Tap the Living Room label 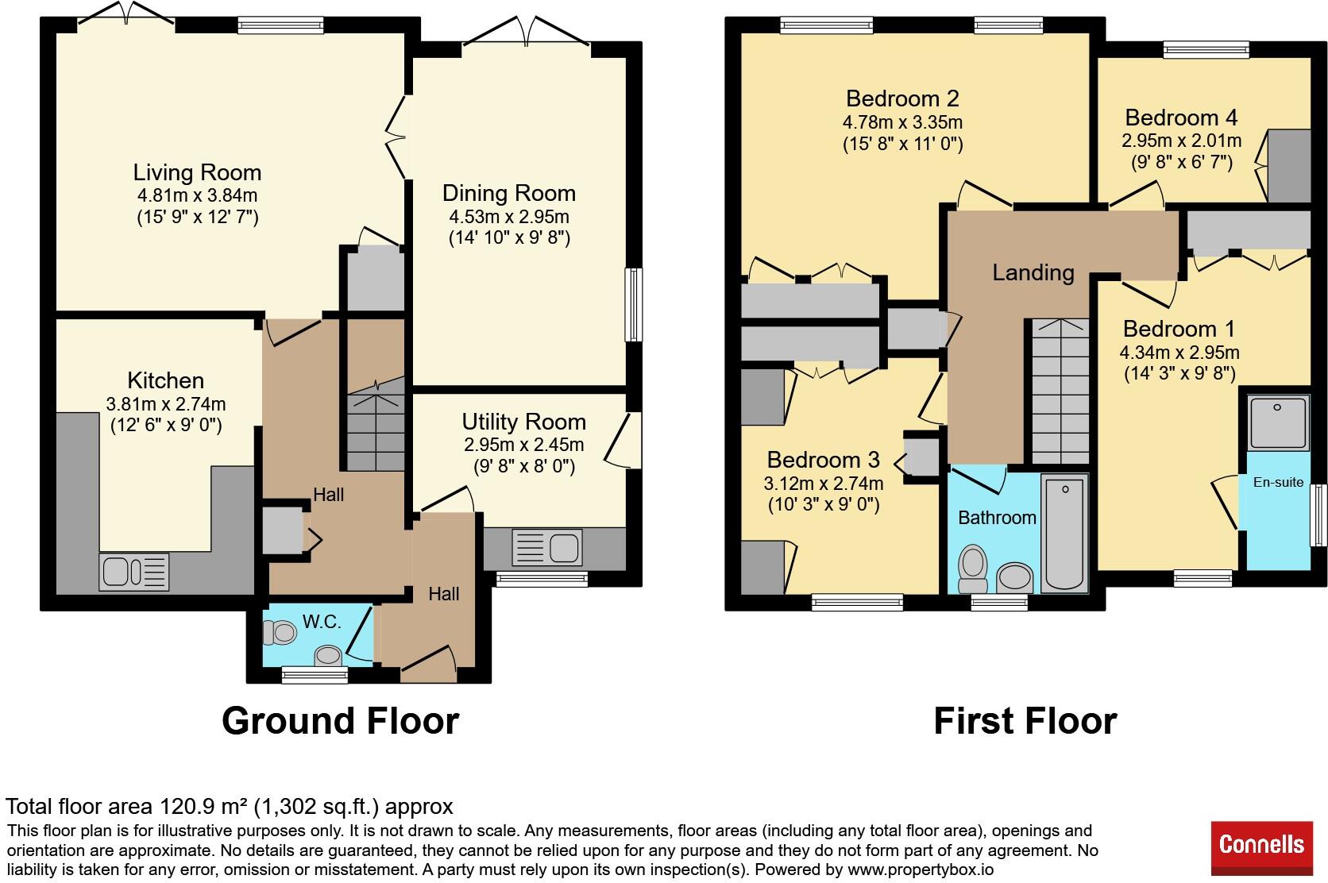point(197,172)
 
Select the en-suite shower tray point(1278,422)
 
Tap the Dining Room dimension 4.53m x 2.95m point(509,217)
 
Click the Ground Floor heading point(340,720)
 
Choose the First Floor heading point(1025,720)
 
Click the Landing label point(1033,272)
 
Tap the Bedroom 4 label point(1181,118)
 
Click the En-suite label point(1278,482)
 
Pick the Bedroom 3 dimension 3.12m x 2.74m point(824,483)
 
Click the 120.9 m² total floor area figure point(203,807)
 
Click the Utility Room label point(523,422)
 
